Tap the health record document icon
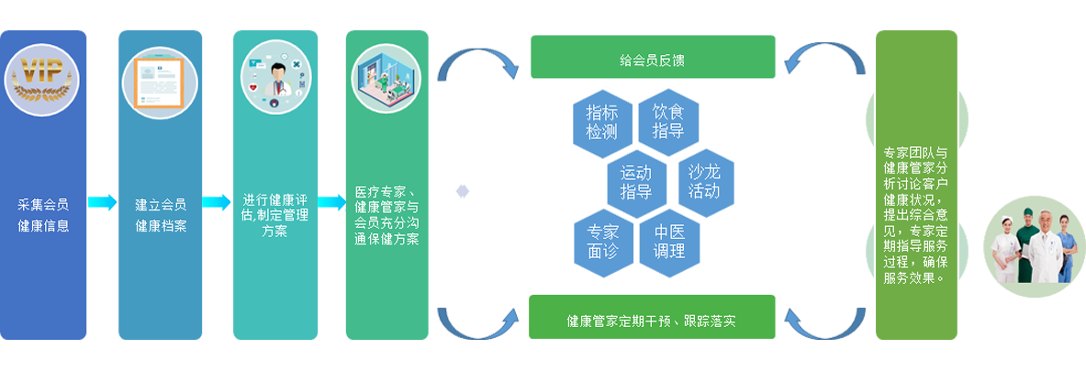click(x=161, y=83)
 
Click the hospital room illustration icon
click(x=386, y=77)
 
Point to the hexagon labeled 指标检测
click(x=602, y=122)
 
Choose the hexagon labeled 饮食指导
click(x=668, y=120)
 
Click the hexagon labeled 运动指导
click(x=636, y=182)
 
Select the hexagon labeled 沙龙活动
click(x=704, y=182)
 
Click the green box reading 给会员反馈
click(x=653, y=57)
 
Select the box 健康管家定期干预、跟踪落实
click(x=652, y=317)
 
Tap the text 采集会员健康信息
click(x=43, y=216)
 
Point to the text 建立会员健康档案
click(x=161, y=216)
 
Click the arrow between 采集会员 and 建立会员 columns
click(x=102, y=202)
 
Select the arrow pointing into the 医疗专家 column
click(x=331, y=202)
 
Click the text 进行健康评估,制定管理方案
click(x=275, y=216)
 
